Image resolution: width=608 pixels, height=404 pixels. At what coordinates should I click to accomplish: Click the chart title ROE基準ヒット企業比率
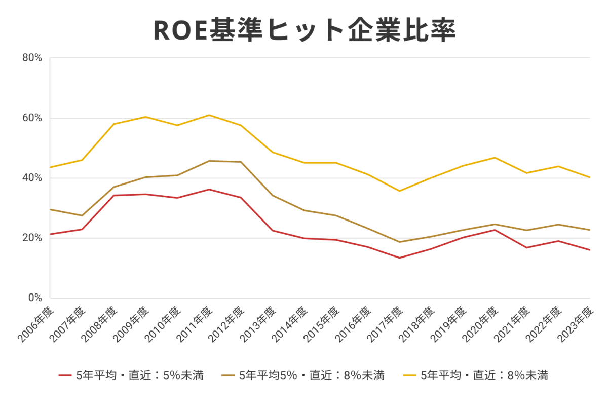(x=304, y=30)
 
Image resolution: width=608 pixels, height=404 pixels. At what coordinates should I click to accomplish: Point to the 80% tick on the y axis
(x=32, y=58)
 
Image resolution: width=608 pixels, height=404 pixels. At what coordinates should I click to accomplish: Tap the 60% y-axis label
(x=32, y=118)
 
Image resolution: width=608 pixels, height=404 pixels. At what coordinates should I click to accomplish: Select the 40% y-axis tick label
(x=32, y=178)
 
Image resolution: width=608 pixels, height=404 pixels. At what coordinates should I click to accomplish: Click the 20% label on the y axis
(x=32, y=238)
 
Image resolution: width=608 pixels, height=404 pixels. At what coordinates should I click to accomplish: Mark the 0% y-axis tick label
(x=34, y=298)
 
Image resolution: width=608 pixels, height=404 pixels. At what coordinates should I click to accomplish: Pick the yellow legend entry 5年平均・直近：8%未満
(x=476, y=376)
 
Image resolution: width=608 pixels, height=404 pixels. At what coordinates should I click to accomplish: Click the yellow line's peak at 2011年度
(x=209, y=115)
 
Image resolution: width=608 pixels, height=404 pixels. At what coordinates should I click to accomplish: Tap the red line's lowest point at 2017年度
(x=400, y=258)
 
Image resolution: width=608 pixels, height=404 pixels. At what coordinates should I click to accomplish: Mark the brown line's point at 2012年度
(x=241, y=162)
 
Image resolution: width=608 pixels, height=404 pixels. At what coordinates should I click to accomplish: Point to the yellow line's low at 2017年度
(x=400, y=191)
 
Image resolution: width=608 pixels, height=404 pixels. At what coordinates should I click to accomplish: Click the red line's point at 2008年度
(x=113, y=195)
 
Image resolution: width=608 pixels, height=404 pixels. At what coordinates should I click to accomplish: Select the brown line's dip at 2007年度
(x=82, y=215)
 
